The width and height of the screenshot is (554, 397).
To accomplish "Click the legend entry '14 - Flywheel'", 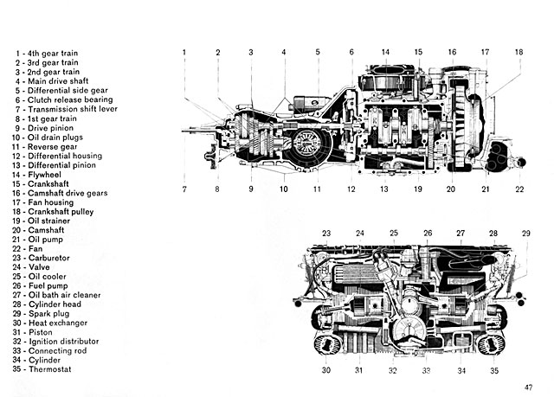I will click(x=41, y=175).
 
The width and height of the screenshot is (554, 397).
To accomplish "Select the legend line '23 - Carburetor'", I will click(x=45, y=258).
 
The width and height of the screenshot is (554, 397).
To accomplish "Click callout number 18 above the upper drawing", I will click(x=519, y=53).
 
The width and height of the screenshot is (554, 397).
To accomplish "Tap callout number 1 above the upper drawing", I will click(x=184, y=53).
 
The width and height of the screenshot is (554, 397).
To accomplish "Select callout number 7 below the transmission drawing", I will click(x=184, y=188).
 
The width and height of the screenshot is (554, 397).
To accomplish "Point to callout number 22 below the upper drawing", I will click(x=519, y=188).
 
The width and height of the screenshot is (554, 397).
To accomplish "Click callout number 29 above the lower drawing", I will click(x=525, y=234).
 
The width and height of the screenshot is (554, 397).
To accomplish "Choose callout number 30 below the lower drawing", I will click(x=326, y=369).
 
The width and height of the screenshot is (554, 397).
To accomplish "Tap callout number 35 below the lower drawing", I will click(x=494, y=369).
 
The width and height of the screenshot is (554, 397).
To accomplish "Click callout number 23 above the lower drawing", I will click(x=326, y=234).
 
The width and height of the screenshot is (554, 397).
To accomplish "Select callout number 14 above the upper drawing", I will click(x=385, y=53).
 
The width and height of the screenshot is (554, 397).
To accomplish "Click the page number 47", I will click(x=527, y=387).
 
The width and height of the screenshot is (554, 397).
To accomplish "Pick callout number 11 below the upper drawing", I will click(x=318, y=188).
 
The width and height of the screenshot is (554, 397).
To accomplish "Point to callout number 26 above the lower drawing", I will click(x=428, y=234).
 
